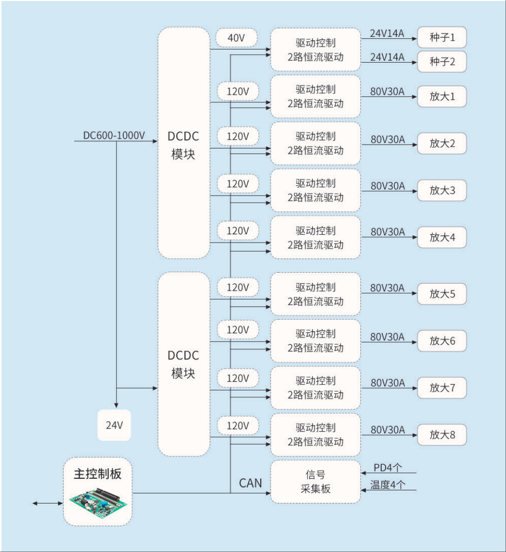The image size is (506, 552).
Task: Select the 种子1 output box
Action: pyautogui.click(x=442, y=38)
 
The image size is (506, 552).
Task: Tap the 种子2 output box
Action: pyautogui.click(x=442, y=62)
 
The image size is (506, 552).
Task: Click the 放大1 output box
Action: pyautogui.click(x=442, y=97)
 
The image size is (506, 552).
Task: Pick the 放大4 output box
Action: pyautogui.click(x=442, y=238)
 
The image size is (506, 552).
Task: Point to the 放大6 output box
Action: pyautogui.click(x=442, y=341)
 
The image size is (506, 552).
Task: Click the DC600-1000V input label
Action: pyautogui.click(x=114, y=135)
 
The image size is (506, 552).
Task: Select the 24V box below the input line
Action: pyautogui.click(x=114, y=425)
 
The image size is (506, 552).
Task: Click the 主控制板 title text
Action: pyautogui.click(x=98, y=474)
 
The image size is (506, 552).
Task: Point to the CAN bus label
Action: pyautogui.click(x=251, y=483)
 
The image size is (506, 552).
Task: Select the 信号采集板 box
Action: pyautogui.click(x=316, y=481)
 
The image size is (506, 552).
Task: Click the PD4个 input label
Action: pyautogui.click(x=388, y=468)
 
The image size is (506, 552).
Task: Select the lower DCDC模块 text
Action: pyautogui.click(x=184, y=364)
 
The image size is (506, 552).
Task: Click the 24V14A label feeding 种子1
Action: pyautogui.click(x=387, y=33)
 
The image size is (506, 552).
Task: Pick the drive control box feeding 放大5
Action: pyautogui.click(x=316, y=294)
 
